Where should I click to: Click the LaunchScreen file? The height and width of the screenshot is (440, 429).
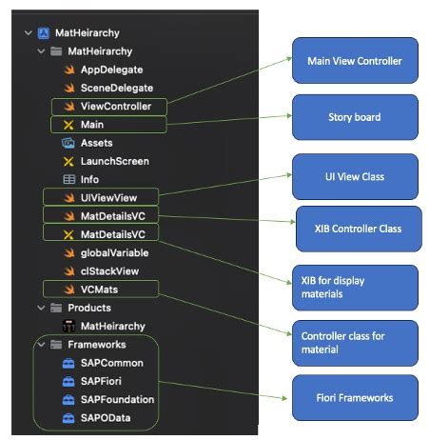point(114,161)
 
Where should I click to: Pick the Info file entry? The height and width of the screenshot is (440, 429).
point(90,179)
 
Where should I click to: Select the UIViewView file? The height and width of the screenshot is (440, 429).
point(108,197)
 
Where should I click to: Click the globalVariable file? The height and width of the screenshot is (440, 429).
point(114,252)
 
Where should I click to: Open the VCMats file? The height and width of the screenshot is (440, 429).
point(100,289)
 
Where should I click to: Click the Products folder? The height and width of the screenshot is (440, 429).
point(88,308)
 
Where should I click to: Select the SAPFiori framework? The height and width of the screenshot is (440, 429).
point(107,381)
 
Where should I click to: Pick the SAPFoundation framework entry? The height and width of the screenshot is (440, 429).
point(118,399)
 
